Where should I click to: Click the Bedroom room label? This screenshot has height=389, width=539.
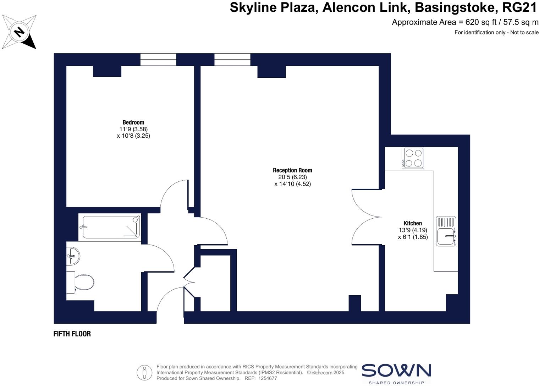133,122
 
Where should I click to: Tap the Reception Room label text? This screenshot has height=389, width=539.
292,170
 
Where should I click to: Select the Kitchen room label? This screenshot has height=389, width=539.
413,223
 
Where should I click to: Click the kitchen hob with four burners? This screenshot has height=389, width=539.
413,158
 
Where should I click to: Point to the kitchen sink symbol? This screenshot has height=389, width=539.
446,231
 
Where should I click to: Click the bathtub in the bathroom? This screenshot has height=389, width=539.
110,227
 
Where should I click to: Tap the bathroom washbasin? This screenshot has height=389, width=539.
73,256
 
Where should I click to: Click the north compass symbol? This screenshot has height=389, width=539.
19,32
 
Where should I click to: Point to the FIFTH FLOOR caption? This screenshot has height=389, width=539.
72,334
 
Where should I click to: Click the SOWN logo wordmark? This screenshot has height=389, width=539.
396,371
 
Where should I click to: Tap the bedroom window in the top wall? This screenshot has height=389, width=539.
158,60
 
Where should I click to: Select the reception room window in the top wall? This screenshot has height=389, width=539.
232,60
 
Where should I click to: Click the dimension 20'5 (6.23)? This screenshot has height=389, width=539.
292,177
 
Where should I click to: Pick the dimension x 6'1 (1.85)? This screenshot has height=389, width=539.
413,237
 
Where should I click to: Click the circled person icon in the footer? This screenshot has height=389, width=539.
144,373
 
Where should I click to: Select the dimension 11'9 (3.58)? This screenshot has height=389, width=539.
133,129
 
